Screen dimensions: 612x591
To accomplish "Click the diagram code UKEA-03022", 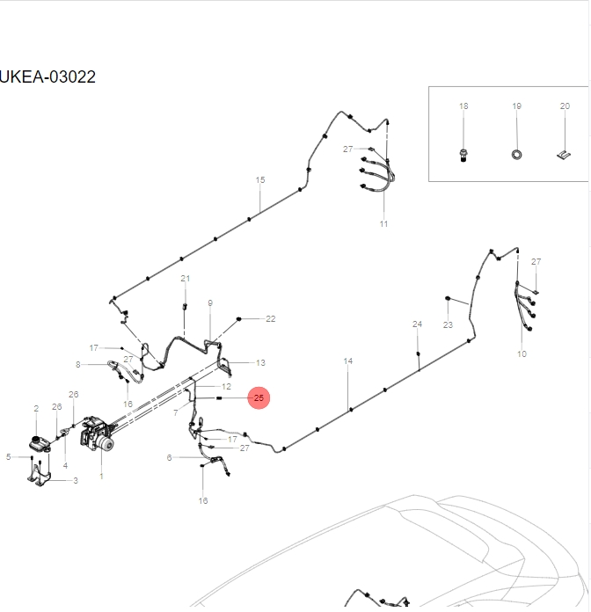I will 47,76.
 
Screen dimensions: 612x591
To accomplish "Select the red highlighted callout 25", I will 258,398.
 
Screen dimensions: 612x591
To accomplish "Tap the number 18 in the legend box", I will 463,106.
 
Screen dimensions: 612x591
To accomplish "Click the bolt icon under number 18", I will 463,155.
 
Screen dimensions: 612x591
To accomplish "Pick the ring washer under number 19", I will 516,155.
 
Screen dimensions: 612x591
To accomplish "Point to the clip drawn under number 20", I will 563,156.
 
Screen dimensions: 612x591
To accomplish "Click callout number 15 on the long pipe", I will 259,180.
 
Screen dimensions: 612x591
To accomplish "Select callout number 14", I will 347,361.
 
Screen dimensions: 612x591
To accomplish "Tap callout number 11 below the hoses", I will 383,224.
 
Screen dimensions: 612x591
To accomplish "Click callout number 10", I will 522,353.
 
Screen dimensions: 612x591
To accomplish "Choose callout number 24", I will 417,324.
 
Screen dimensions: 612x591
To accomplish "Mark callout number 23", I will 448,324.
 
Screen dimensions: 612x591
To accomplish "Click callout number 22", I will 270,318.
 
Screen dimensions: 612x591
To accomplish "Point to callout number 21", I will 185,279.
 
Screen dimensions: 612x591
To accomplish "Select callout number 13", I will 259,362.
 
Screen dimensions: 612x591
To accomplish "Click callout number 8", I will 78,364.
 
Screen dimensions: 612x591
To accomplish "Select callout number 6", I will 170,457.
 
